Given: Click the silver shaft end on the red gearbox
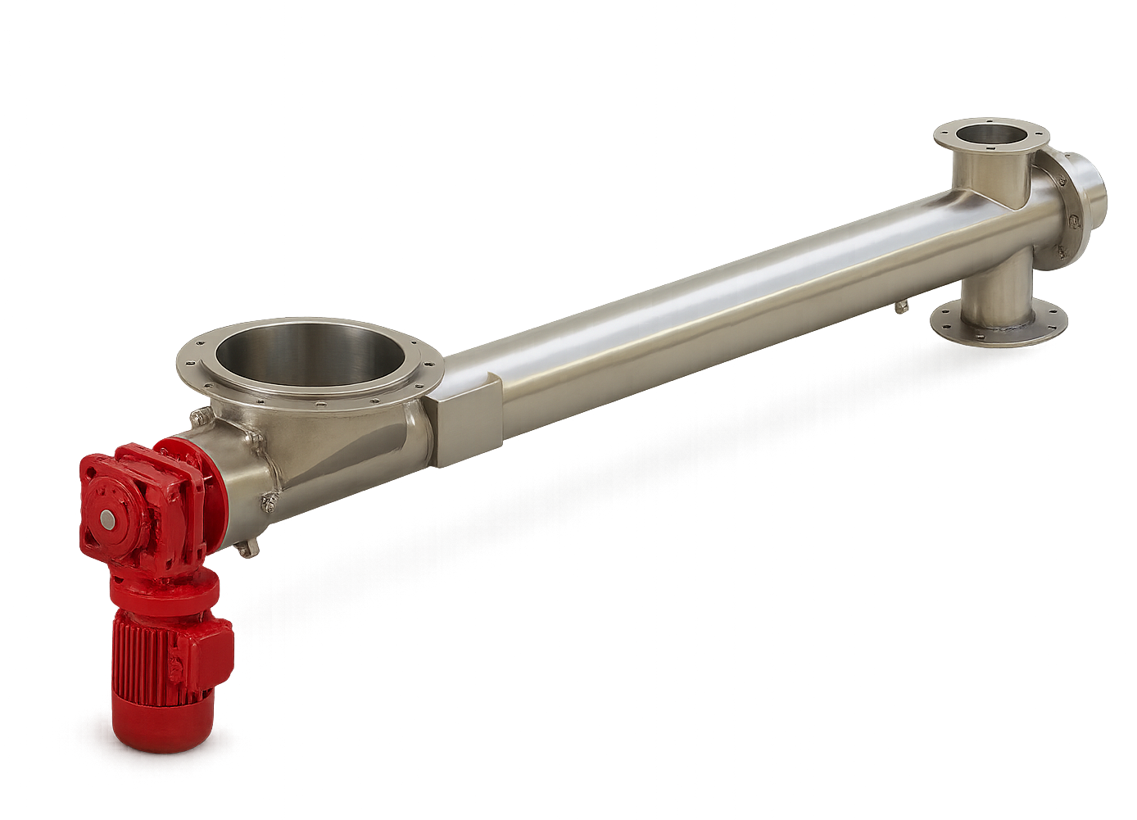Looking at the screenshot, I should (107, 519).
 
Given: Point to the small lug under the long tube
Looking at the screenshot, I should (902, 307).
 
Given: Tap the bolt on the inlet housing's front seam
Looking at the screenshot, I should (267, 501).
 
